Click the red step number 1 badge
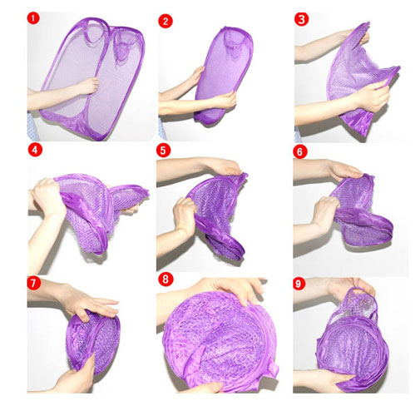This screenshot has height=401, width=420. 33,18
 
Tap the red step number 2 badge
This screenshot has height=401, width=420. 166,22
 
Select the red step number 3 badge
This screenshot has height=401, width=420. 301,19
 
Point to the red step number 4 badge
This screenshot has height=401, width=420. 35,150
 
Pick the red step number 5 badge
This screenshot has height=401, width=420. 163,150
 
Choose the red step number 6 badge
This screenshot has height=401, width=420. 299,151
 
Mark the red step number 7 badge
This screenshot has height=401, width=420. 34,283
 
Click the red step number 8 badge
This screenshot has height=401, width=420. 166,280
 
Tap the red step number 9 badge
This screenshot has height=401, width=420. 299,284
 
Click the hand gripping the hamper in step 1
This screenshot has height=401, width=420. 88,86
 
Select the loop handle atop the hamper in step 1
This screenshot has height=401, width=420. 95,30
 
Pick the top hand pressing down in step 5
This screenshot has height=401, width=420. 225,166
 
